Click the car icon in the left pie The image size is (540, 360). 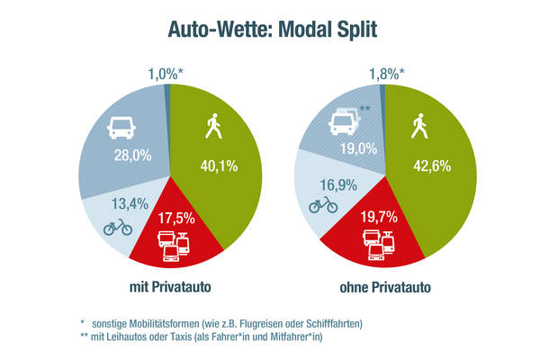click(x=122, y=129)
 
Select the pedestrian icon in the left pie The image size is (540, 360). click(x=213, y=127)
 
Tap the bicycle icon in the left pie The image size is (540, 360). click(x=118, y=226)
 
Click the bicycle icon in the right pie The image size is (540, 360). click(x=323, y=204)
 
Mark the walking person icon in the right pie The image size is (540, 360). click(x=419, y=127)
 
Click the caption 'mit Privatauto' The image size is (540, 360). click(x=170, y=288)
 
